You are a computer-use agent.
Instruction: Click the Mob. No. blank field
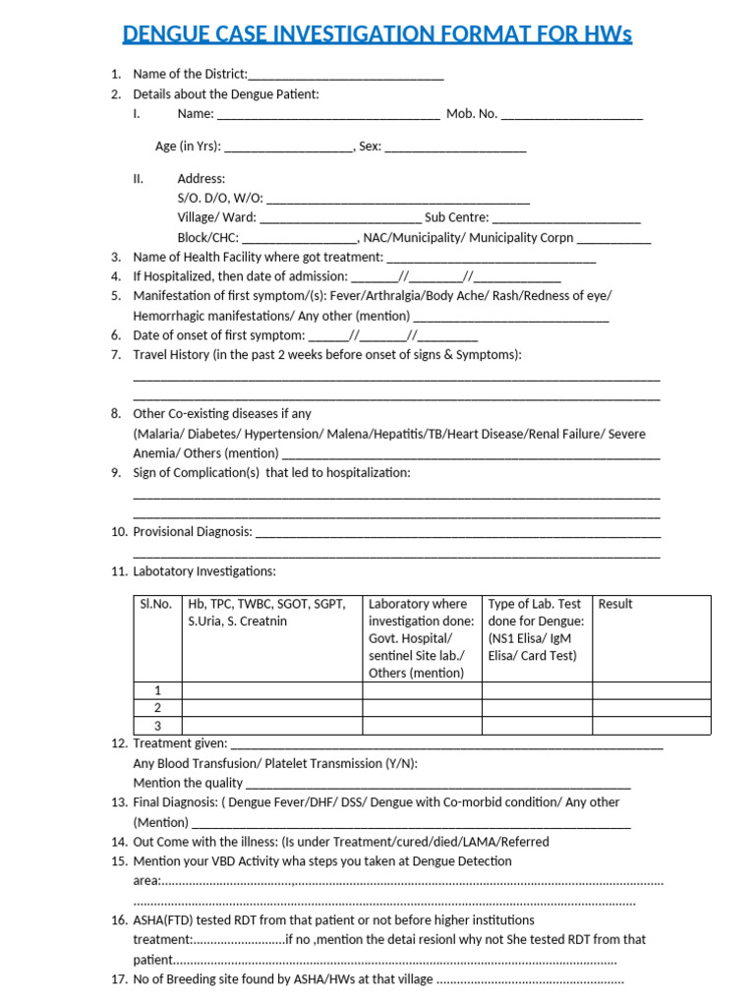(x=571, y=115)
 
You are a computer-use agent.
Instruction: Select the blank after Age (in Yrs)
(x=288, y=148)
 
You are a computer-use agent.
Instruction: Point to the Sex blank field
(x=455, y=148)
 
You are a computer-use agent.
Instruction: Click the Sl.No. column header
(x=155, y=604)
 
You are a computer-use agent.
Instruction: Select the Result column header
(x=615, y=604)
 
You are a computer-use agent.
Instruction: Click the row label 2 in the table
(x=156, y=708)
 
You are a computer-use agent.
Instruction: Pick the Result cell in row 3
(x=651, y=726)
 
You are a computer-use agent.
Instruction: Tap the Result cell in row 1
(x=651, y=690)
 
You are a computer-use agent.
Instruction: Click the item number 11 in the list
(x=119, y=571)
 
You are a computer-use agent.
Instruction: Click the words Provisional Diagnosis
(x=193, y=532)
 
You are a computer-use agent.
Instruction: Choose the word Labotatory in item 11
(x=165, y=571)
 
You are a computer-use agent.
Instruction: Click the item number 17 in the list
(x=119, y=980)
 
